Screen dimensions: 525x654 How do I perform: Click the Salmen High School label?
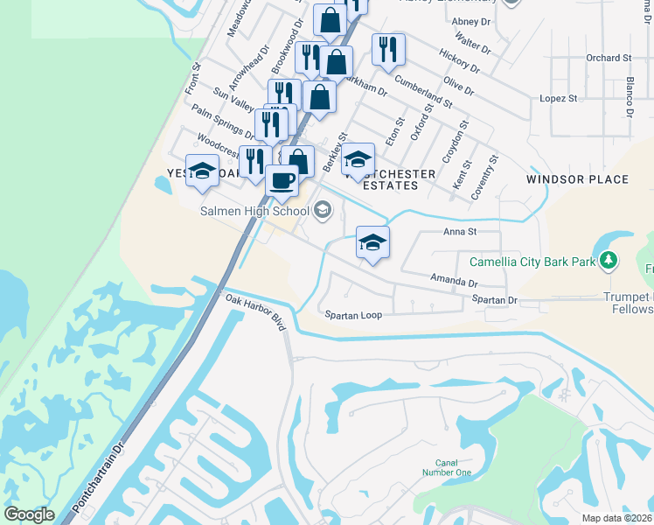tap(254, 211)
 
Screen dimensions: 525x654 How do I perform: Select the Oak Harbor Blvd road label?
tap(256, 311)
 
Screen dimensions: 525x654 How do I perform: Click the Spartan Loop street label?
tap(353, 315)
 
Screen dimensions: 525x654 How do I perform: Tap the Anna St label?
tap(459, 232)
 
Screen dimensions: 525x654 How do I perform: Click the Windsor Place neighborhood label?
tap(577, 179)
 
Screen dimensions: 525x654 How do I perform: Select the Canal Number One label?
tap(453, 467)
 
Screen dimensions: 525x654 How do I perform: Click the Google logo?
tap(29, 514)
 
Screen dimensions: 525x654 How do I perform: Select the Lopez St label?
tap(560, 99)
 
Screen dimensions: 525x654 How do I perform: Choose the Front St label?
tap(191, 78)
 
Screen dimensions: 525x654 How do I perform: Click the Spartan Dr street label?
tap(495, 300)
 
